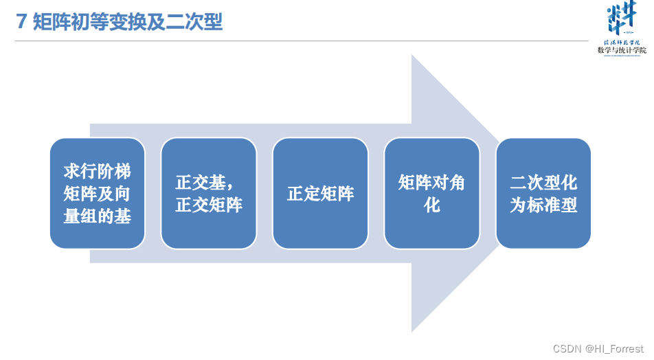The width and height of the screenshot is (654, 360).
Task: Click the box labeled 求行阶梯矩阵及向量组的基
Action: pos(97,193)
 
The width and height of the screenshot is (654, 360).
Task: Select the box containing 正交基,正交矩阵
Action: pos(208,193)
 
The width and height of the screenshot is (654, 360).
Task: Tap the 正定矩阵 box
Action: pos(320,193)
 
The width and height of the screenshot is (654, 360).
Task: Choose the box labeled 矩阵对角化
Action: pos(431,193)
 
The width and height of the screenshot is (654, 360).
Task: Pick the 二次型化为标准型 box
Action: pos(543,193)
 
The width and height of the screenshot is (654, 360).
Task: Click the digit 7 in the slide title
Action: pos(21,22)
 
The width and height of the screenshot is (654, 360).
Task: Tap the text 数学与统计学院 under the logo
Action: pos(621,50)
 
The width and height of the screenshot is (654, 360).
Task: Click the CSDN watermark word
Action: pos(567,349)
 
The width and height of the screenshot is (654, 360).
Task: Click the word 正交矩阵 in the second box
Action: pos(208,205)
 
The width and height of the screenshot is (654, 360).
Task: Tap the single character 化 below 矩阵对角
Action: pos(431,205)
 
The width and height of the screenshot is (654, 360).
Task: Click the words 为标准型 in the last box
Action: pos(543,205)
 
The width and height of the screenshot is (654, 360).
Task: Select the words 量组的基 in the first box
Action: pos(97,216)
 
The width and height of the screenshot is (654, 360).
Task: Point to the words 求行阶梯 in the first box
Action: pos(97,170)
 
